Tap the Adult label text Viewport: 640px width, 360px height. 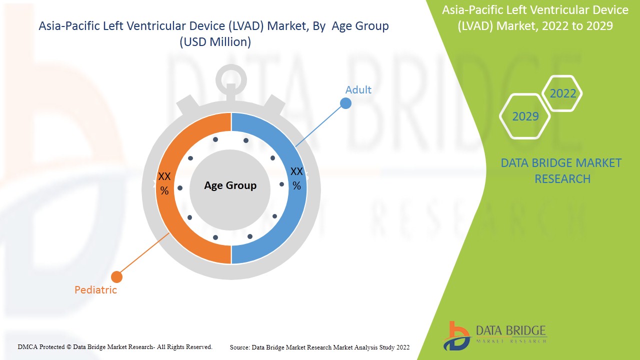(358, 90)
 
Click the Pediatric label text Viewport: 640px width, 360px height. (95, 290)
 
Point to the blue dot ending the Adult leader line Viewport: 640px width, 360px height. (345, 103)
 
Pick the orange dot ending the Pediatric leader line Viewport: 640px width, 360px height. (116, 276)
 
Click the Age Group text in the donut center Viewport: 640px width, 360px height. (230, 185)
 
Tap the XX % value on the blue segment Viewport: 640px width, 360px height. (296, 178)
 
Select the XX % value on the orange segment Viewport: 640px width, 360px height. (164, 183)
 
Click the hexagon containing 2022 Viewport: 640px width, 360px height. (562, 93)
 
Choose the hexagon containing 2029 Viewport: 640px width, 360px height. (525, 116)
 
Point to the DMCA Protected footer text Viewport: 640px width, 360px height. (115, 346)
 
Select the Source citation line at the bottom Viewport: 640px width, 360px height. (319, 347)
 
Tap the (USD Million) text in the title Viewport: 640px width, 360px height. (215, 42)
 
